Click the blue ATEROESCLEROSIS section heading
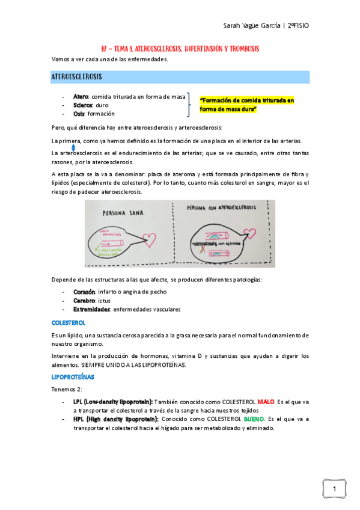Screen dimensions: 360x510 tap(76, 77)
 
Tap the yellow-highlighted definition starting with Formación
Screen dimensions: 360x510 tap(246, 104)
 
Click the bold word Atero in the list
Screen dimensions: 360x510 tap(81, 96)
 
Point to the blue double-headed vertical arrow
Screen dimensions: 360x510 tap(73, 147)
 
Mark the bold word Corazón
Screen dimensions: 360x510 tap(84, 292)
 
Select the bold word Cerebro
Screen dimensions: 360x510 tap(84, 300)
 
